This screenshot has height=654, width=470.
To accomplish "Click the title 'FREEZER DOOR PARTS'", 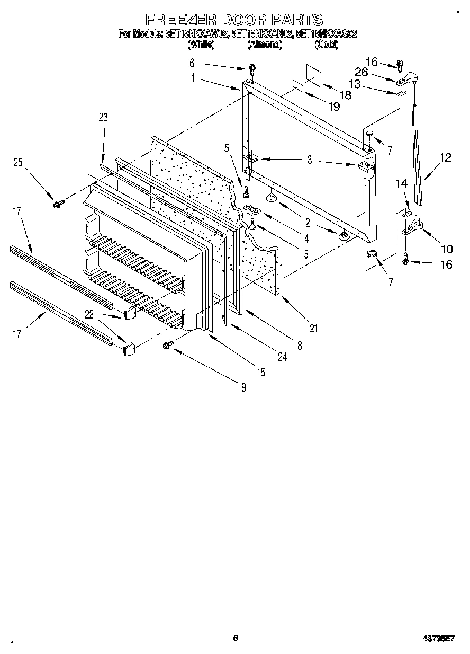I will point(234,20).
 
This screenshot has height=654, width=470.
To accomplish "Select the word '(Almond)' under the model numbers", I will point(265,45).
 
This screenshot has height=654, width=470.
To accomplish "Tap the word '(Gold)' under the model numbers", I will point(326,45).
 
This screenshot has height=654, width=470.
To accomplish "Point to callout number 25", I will point(18,162).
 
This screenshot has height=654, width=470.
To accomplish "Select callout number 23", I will point(103,118).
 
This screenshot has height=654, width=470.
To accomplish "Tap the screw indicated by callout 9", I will point(168,345).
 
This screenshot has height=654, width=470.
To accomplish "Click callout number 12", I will point(445,157).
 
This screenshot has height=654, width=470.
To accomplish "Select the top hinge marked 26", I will point(408,79).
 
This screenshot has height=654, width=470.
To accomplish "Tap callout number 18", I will point(345,95).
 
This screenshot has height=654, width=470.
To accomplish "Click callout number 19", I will point(333,107).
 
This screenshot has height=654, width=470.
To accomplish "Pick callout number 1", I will point(193,77).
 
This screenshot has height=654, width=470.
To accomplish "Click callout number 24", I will point(282,357).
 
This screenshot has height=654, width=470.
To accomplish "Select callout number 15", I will point(261,372).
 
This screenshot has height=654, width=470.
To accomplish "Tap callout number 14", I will point(402,184).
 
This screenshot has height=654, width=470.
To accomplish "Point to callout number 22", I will point(89,315).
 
